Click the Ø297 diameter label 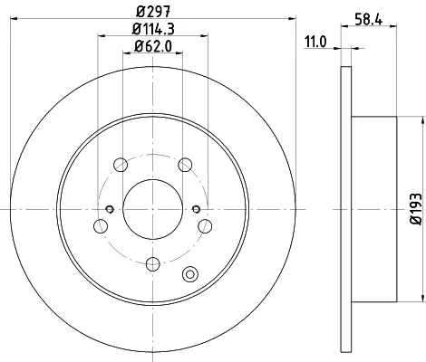point(153,13)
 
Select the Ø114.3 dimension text point(153,29)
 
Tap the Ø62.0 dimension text point(153,46)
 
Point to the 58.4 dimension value point(369,20)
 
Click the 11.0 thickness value point(315,42)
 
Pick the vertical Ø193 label point(416,209)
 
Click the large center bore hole point(152,209)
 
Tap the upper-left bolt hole point(121,165)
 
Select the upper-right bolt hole point(185,165)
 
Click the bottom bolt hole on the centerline point(152,264)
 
